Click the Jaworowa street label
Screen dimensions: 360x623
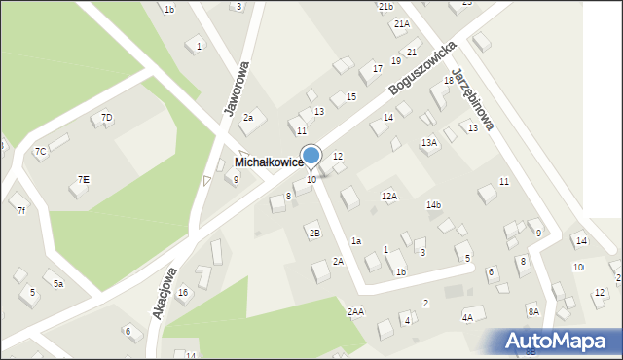[x=237, y=89]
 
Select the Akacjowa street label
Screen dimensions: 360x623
[x=165, y=293]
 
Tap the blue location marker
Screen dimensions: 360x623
[x=311, y=156]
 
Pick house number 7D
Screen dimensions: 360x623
[x=107, y=118]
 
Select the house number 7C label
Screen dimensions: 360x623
[x=40, y=151]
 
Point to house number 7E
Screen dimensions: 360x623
[x=84, y=179]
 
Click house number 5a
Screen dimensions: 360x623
[x=58, y=283]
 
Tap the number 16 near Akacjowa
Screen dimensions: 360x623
[x=182, y=292]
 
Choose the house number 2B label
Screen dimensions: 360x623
[x=313, y=233]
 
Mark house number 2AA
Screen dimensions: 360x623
[x=355, y=311]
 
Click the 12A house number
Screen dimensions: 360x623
[x=389, y=196]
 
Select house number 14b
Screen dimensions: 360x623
[x=433, y=204]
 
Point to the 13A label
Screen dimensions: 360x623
[x=429, y=142]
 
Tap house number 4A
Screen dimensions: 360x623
[x=467, y=316]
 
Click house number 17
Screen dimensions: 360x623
[x=377, y=69]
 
